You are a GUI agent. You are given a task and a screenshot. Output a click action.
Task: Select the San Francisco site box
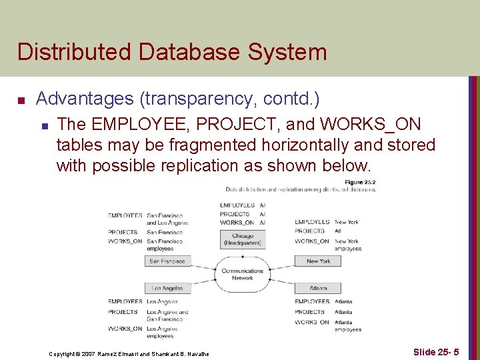[x=167, y=261]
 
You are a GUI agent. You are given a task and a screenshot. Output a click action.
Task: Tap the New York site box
[x=318, y=261]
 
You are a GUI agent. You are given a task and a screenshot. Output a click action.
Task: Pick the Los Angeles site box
[x=167, y=289]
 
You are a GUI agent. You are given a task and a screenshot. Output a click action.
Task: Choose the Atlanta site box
[x=318, y=289]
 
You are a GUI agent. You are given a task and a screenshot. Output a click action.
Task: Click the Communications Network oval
[x=243, y=275]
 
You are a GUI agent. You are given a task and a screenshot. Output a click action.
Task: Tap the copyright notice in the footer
[x=129, y=353]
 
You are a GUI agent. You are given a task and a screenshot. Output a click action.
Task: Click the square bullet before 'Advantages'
[x=21, y=101]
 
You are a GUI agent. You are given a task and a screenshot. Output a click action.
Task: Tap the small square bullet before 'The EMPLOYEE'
[x=45, y=125]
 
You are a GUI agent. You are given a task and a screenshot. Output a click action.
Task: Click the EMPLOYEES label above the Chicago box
[x=237, y=205]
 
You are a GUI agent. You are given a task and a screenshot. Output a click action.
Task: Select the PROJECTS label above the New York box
[x=309, y=231]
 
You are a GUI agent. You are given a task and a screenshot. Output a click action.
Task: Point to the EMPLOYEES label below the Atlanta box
[x=312, y=302]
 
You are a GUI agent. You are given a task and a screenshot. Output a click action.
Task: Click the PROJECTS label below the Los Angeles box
[x=123, y=312]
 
